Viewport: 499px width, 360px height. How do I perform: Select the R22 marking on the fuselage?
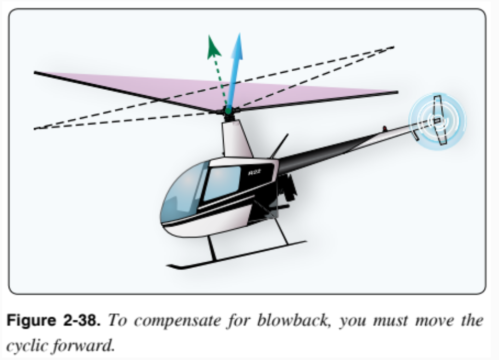[254, 172]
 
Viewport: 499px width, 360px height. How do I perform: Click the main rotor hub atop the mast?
[229, 114]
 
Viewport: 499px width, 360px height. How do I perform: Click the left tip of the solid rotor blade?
[36, 73]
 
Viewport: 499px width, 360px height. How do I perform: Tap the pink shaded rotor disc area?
[165, 85]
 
